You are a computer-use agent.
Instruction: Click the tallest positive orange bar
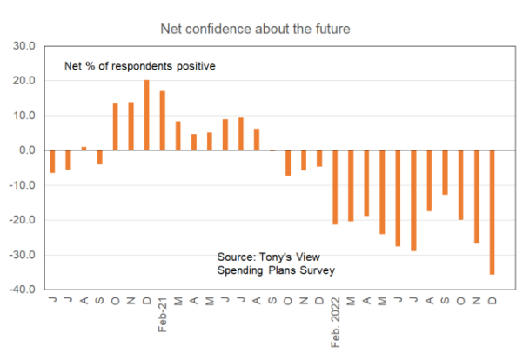click(x=146, y=115)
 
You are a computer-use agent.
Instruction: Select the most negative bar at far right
click(x=492, y=212)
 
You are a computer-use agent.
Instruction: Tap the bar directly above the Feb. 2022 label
click(x=334, y=187)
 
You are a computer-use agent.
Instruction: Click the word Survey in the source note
click(x=318, y=271)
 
